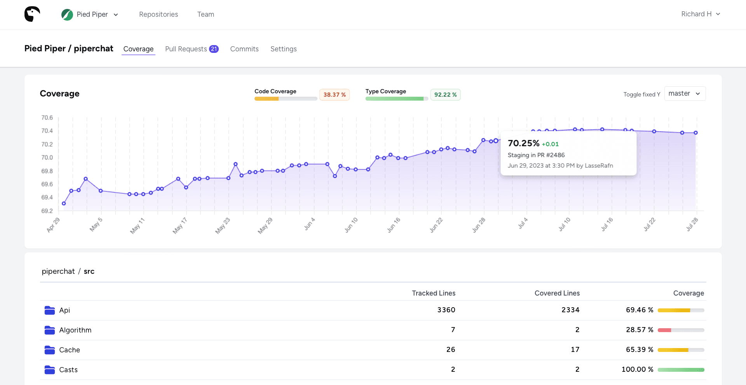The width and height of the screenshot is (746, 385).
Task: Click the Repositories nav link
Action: pos(159,14)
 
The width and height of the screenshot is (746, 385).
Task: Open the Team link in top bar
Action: pos(206,14)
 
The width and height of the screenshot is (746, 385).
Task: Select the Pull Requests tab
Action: pos(186,49)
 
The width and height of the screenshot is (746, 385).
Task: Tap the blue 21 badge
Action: pos(214,49)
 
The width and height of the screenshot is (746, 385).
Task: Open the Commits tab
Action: pos(244,49)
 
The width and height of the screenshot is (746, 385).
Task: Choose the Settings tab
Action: pos(283,49)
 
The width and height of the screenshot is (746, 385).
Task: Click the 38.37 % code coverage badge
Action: pos(334,94)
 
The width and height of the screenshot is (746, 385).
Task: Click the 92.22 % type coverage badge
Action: pos(445,94)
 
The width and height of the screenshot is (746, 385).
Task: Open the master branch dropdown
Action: pos(685,94)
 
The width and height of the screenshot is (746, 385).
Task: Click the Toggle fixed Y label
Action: pos(641,94)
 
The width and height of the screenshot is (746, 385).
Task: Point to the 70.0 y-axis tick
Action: pos(47,157)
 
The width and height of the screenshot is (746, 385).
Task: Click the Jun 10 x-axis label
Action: pos(351,225)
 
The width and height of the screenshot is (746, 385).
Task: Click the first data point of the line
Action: pos(64,203)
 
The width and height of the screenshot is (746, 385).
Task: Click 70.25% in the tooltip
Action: pos(523,143)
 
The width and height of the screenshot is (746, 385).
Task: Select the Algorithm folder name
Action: pos(75,330)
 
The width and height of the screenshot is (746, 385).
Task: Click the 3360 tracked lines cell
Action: pos(446,310)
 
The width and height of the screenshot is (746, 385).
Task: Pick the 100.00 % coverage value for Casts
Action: pos(637,369)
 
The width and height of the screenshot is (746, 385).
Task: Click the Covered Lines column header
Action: pos(557,293)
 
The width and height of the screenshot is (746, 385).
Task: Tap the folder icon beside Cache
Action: pos(50,350)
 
